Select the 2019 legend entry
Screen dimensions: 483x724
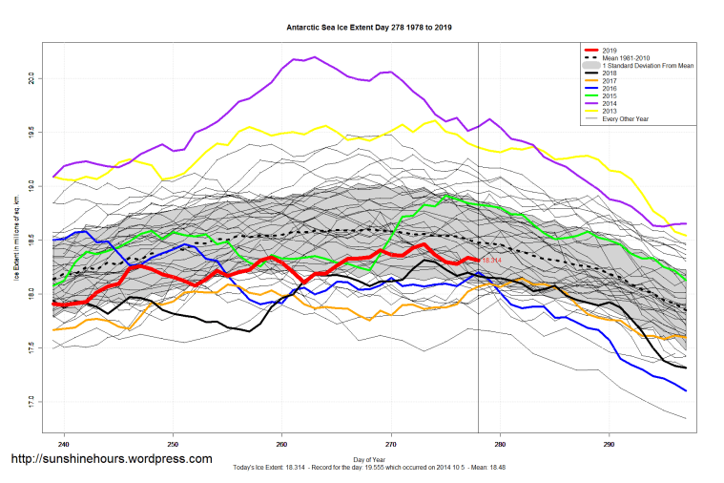(611, 50)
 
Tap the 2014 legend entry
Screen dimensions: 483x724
(611, 103)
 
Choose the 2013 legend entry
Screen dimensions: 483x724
(611, 111)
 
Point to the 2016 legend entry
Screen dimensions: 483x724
(611, 88)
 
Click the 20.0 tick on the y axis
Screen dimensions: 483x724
(32, 76)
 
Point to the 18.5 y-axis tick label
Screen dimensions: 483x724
(32, 238)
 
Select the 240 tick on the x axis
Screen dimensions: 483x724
(64, 444)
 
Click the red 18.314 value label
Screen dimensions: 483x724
(491, 260)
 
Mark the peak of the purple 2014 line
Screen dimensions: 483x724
(314, 57)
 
